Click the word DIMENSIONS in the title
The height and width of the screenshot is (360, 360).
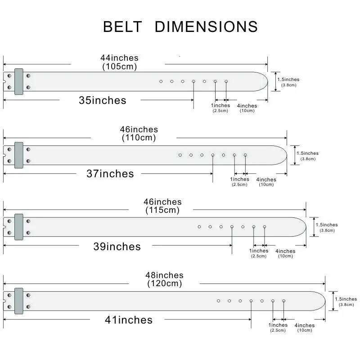[206, 27]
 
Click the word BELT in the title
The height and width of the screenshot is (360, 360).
[122, 27]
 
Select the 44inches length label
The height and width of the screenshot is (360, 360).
[119, 58]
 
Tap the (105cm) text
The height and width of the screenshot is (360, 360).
[119, 67]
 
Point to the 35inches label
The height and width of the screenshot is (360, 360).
[103, 100]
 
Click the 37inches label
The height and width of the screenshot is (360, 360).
[110, 174]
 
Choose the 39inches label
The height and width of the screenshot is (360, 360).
[117, 247]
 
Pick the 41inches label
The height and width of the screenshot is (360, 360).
[129, 320]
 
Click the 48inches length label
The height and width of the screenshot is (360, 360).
[164, 275]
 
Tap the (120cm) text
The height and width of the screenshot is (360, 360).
[164, 283]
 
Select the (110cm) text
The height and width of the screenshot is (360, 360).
[139, 138]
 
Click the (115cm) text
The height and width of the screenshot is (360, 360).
[162, 210]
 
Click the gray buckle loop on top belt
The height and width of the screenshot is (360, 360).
[18, 81]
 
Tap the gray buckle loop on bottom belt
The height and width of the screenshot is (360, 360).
[18, 301]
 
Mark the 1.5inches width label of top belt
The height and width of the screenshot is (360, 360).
[288, 80]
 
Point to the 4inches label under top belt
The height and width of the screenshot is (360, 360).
[247, 106]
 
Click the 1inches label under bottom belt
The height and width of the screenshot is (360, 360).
[278, 325]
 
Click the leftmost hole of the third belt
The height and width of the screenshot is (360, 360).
[199, 226]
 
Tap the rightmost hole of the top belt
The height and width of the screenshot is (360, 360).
[226, 81]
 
